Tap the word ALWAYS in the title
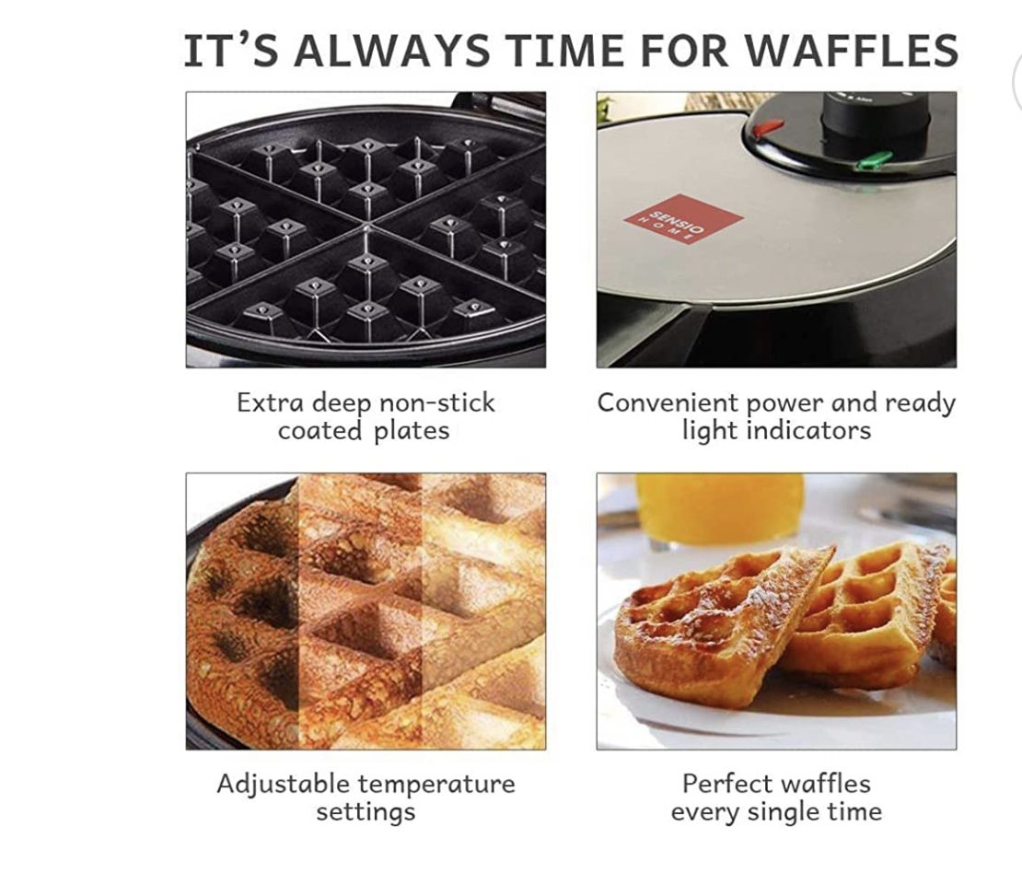tap(391, 50)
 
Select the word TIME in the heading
tap(564, 50)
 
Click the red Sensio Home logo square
tap(684, 218)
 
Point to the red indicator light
tap(769, 126)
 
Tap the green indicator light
tap(874, 158)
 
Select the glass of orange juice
tap(720, 509)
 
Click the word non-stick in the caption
tap(436, 402)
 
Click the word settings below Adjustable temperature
tap(366, 812)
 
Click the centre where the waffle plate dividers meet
tap(367, 224)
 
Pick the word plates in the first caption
tap(412, 431)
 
